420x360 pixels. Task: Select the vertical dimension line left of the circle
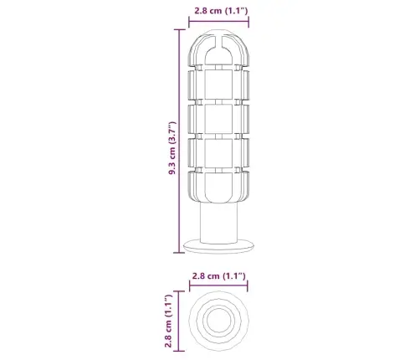click(x=181, y=321)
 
